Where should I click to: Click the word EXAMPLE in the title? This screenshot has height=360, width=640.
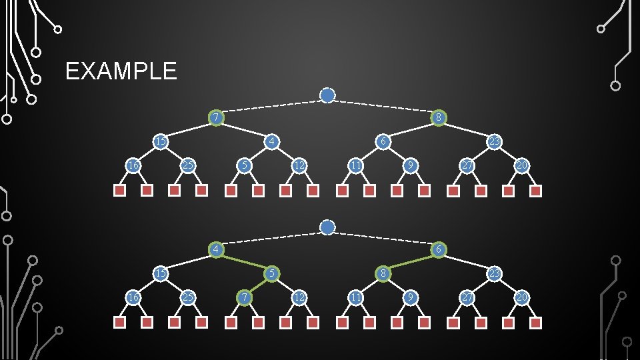pyautogui.click(x=121, y=71)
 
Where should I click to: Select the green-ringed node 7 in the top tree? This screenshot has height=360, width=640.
pyautogui.click(x=215, y=118)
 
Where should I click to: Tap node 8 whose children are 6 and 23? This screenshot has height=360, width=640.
pyautogui.click(x=438, y=118)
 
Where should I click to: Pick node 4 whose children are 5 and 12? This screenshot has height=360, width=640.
pyautogui.click(x=271, y=141)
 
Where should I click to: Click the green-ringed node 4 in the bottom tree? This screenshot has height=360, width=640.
pyautogui.click(x=215, y=249)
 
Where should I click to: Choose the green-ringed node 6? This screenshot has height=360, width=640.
pyautogui.click(x=438, y=249)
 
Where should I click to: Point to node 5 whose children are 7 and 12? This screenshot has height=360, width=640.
pyautogui.click(x=271, y=273)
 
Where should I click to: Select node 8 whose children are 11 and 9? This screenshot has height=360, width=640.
pyautogui.click(x=383, y=273)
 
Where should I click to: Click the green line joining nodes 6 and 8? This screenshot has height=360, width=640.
pyautogui.click(x=410, y=261)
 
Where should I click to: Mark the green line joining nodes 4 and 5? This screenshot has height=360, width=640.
pyautogui.click(x=243, y=261)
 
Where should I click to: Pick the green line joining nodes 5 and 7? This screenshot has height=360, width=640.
pyautogui.click(x=258, y=285)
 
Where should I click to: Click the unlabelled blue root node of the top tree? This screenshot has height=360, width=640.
pyautogui.click(x=327, y=96)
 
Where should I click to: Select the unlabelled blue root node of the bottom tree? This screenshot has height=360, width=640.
pyautogui.click(x=327, y=227)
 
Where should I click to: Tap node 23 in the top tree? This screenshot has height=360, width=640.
pyautogui.click(x=494, y=141)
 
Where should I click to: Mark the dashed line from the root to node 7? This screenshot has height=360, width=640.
pyautogui.click(x=270, y=107)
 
